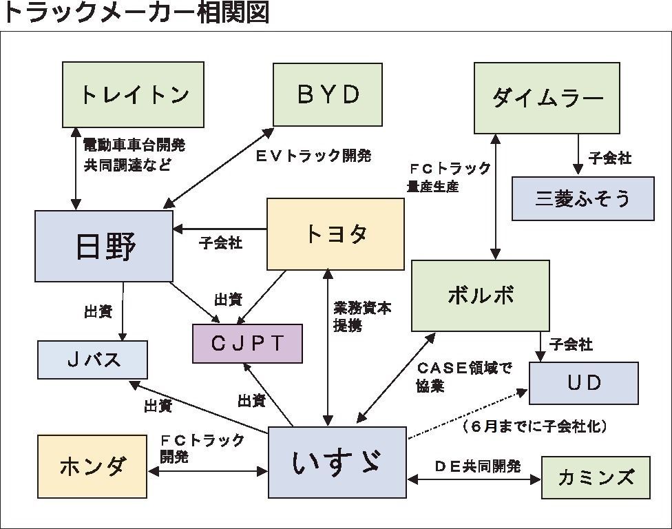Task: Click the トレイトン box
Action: tap(133, 94)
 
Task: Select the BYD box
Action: tap(328, 94)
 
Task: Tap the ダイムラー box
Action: tap(547, 98)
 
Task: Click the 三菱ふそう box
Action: tap(582, 198)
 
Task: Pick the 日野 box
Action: tap(104, 246)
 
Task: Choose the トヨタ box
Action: tap(335, 234)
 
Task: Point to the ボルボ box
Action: tap(480, 295)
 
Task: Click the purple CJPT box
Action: tap(247, 343)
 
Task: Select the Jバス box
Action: tap(92, 360)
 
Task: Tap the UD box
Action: tap(584, 383)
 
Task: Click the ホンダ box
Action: tap(92, 466)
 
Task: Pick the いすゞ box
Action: tap(337, 462)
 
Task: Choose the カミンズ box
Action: tap(596, 477)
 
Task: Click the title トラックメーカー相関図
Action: tap(136, 13)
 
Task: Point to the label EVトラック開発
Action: tap(313, 156)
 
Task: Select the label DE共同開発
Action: tap(477, 466)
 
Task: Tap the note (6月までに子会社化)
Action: tap(535, 426)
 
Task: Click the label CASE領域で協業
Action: tap(463, 377)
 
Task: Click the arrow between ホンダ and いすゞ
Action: tap(207, 472)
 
